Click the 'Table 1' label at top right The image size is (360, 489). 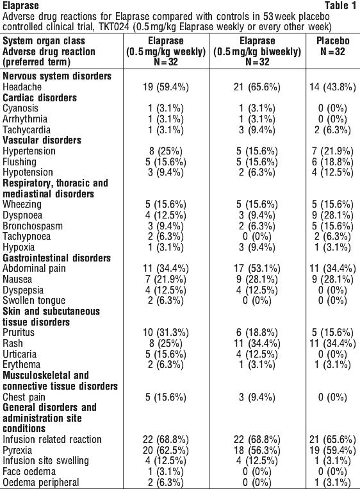[x=340, y=5]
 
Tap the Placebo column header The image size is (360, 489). [x=332, y=46]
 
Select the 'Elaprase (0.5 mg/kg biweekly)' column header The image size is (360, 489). [x=257, y=51]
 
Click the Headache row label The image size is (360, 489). [x=22, y=87]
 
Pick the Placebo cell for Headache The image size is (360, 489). [x=332, y=87]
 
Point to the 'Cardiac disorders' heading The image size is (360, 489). [x=40, y=97]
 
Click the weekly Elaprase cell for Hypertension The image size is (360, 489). [x=165, y=151]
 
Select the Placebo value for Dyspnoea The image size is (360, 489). [x=332, y=215]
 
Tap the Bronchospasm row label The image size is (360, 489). [x=33, y=226]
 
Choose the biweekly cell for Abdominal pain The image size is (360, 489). [x=257, y=268]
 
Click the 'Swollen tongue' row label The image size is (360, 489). [x=34, y=301]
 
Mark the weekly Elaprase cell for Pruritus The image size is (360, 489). [x=165, y=333]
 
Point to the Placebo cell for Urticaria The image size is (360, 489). [x=332, y=354]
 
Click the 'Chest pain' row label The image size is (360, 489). [x=24, y=397]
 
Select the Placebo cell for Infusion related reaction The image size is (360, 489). [x=332, y=440]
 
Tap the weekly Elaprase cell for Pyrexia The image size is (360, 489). [x=165, y=451]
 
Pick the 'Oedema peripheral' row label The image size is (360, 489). [x=40, y=482]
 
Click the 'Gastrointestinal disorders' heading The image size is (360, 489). [x=57, y=258]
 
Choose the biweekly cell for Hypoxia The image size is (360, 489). [x=257, y=247]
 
